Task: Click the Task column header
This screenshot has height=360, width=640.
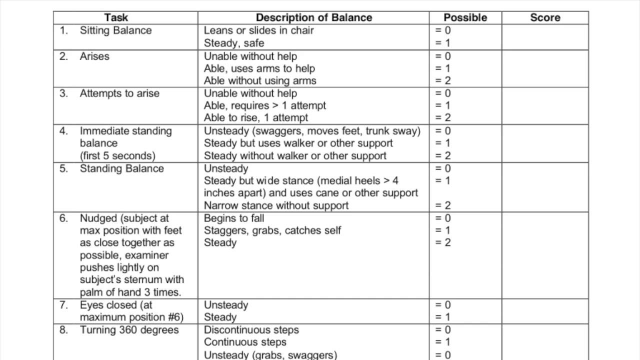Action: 116,17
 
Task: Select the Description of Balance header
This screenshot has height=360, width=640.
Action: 314,17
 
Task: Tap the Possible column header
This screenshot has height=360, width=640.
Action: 465,17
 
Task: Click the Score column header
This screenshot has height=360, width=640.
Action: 545,17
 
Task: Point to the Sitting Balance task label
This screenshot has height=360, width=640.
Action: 115,30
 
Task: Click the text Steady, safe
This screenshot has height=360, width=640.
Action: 234,43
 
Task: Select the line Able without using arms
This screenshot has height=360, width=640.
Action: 260,80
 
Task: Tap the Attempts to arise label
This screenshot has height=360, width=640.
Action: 119,93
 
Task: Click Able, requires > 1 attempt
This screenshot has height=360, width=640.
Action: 265,105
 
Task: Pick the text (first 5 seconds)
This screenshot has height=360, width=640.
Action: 117,155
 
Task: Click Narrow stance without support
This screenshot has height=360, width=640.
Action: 276,205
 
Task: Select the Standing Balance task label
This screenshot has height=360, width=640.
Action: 121,168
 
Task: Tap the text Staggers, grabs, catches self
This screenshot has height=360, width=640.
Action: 272,230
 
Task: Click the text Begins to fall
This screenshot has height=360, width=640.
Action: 234,218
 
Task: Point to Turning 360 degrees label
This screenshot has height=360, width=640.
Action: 129,330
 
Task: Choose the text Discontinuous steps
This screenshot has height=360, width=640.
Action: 251,330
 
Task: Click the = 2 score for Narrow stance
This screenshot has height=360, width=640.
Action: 443,205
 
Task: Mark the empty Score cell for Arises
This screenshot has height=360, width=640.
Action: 545,68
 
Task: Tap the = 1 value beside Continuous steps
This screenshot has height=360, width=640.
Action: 443,342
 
